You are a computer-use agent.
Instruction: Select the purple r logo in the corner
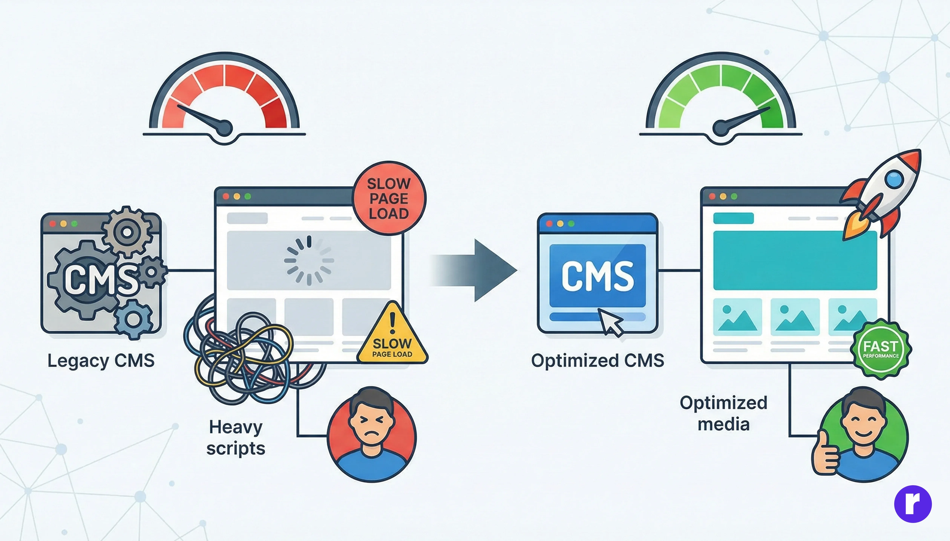[x=913, y=504]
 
